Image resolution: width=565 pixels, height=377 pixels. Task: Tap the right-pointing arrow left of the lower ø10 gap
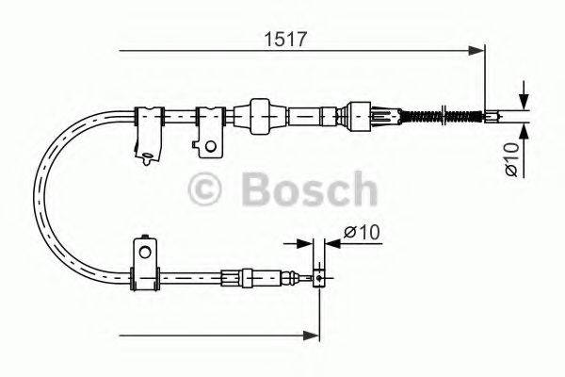click(x=307, y=243)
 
